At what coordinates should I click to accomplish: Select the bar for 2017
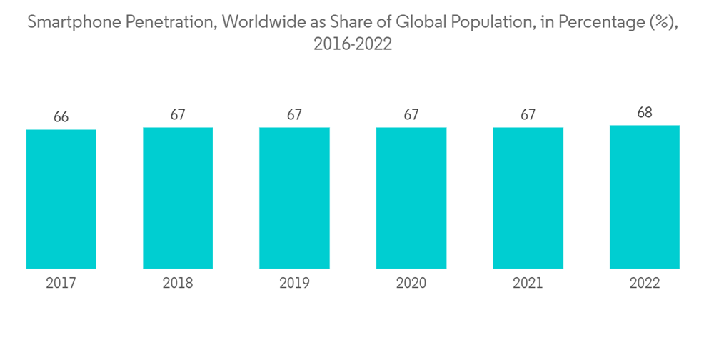(x=61, y=199)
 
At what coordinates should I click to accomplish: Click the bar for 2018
(x=178, y=198)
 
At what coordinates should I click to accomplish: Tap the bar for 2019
(x=294, y=198)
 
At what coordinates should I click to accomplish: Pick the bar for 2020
(x=411, y=198)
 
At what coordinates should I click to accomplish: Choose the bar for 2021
(x=528, y=198)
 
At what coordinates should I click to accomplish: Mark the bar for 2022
(x=645, y=196)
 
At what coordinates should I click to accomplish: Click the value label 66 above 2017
(x=61, y=116)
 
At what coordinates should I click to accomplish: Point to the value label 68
(x=645, y=112)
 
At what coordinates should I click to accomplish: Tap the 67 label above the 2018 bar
(x=178, y=114)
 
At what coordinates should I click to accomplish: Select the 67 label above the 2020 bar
(x=411, y=114)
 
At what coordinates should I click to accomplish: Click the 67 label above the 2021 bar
(x=528, y=114)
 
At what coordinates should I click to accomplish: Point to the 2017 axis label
(x=61, y=284)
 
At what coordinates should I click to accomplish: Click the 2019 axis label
(x=294, y=284)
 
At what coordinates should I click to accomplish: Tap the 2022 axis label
(x=645, y=284)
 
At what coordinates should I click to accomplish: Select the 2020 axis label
(x=411, y=284)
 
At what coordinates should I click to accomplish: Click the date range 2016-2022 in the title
(x=353, y=44)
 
